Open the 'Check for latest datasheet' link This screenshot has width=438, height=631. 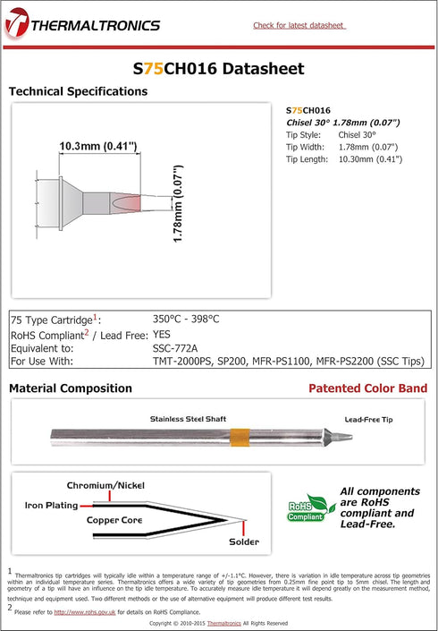tap(299, 25)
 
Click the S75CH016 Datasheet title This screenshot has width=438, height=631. tap(218, 68)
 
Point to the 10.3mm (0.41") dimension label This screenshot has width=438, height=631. tap(97, 146)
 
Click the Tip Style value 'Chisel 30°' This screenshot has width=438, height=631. tap(358, 134)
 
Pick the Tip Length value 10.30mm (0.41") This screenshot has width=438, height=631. tap(370, 158)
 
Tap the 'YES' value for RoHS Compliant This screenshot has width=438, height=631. tap(162, 333)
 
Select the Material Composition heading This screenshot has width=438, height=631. tap(70, 388)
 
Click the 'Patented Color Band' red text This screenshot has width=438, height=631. tap(367, 388)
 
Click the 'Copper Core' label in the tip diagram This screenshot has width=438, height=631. tap(115, 520)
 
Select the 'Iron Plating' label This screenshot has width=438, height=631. tap(51, 506)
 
